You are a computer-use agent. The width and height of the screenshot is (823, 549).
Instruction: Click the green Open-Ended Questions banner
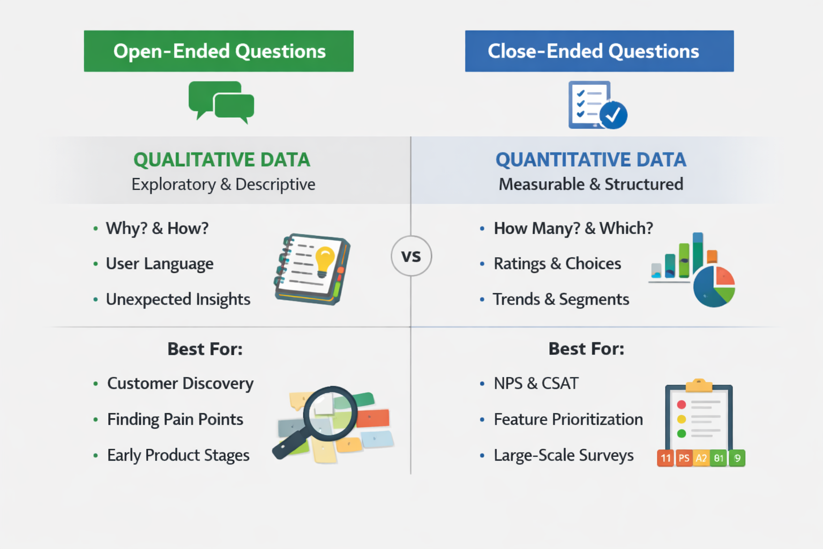click(219, 51)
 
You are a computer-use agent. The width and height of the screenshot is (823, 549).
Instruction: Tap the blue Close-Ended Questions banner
click(599, 51)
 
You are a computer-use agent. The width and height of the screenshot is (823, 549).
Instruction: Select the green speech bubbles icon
click(221, 102)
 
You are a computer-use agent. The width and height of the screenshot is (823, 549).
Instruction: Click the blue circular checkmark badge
click(613, 115)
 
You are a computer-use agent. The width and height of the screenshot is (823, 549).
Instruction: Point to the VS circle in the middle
click(411, 256)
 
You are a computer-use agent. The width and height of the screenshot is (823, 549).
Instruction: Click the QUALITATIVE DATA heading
click(222, 160)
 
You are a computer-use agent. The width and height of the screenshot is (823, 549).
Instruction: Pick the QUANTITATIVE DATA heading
click(591, 160)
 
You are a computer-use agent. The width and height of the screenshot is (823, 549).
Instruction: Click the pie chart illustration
click(714, 286)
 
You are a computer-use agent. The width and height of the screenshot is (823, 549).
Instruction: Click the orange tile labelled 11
click(665, 458)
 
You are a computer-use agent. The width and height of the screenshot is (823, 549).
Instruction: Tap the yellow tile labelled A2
click(701, 458)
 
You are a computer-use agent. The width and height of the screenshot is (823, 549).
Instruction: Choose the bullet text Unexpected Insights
click(178, 299)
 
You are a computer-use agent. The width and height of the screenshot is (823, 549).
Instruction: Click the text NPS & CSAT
click(536, 383)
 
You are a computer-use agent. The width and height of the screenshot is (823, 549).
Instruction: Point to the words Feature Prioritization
click(568, 419)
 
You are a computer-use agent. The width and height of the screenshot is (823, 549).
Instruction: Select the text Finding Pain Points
click(175, 419)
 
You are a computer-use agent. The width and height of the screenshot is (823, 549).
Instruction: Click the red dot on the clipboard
click(682, 404)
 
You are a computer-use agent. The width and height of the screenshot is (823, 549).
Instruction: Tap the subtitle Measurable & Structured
click(591, 184)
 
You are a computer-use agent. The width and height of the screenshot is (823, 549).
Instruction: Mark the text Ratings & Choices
click(557, 264)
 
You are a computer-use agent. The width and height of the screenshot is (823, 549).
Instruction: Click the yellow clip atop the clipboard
click(699, 385)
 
